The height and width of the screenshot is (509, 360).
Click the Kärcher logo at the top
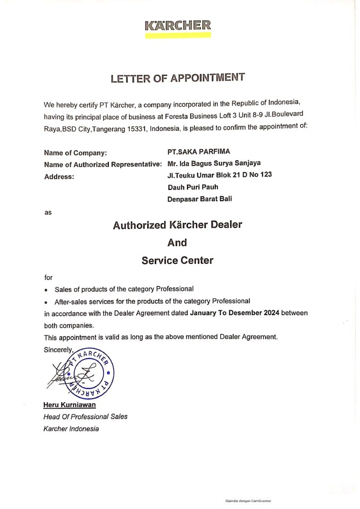(x=178, y=26)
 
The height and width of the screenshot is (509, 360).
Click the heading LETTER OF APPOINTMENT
(x=178, y=78)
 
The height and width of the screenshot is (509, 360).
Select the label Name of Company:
(x=75, y=153)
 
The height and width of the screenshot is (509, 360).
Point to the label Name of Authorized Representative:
(x=102, y=164)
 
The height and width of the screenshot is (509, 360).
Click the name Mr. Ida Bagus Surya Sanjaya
(x=214, y=163)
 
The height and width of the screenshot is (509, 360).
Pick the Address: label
(x=59, y=176)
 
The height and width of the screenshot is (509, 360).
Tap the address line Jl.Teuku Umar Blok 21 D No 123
(x=220, y=175)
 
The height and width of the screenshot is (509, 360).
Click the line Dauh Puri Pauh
(x=193, y=187)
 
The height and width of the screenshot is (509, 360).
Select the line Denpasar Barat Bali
(x=200, y=199)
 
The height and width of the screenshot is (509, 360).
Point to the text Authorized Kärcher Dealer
(x=178, y=225)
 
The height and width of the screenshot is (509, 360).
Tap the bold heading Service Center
(x=178, y=260)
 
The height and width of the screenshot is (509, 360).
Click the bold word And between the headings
(x=178, y=243)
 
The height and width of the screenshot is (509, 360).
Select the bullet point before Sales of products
(x=46, y=290)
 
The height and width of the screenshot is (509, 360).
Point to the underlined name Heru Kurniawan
(x=66, y=405)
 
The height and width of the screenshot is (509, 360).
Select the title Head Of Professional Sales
(x=86, y=417)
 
